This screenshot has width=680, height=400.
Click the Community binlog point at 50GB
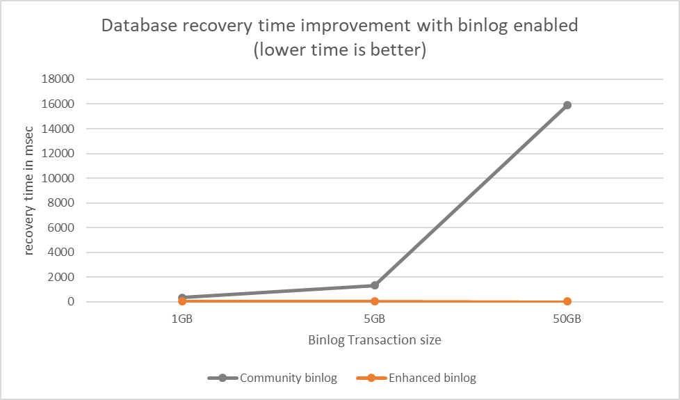567,105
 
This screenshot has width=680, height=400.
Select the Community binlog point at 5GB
375,285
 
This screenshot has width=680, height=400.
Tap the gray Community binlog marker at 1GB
182,298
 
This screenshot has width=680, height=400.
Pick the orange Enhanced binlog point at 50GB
567,301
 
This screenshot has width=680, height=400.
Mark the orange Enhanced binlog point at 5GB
375,301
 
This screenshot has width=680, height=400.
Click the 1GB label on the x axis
182,320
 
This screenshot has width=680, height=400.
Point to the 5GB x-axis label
375,320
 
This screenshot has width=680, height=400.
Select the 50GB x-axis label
567,320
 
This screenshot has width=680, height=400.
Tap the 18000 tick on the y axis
58,79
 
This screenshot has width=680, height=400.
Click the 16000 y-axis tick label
58,104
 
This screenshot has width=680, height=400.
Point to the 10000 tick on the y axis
58,178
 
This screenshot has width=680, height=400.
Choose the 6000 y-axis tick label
61,227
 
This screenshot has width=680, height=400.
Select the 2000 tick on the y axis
61,277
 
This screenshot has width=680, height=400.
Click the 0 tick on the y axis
71,302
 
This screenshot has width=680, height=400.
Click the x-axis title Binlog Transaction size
375,341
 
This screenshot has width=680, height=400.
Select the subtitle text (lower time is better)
340,51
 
